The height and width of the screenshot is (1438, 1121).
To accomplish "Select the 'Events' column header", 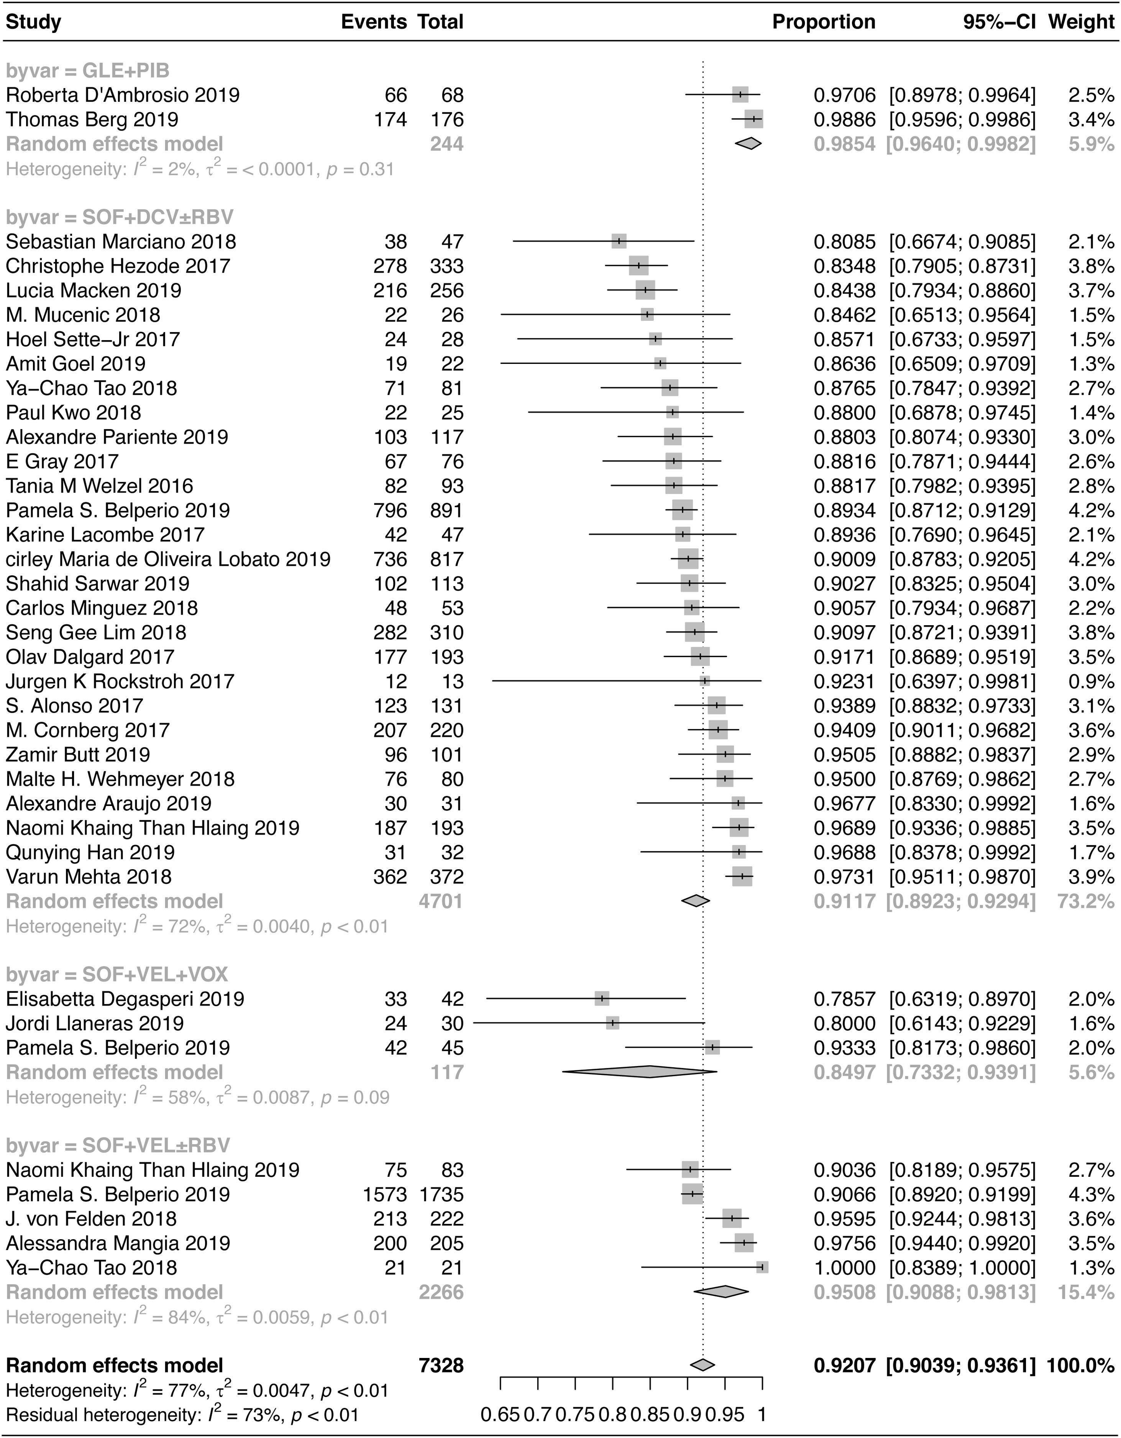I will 373,22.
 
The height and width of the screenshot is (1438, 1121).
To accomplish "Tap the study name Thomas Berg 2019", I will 92,119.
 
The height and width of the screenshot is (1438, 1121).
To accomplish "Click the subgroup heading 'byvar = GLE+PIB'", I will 88,70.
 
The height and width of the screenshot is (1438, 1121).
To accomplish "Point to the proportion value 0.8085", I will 844,242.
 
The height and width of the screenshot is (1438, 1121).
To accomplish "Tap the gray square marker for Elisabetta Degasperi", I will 601,999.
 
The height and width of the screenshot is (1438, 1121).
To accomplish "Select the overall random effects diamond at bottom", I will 702,1365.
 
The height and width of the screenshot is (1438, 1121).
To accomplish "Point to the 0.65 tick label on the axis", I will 501,1413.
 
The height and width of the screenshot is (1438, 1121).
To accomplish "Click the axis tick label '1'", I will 762,1413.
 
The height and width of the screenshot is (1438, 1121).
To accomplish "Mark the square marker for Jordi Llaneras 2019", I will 612,1023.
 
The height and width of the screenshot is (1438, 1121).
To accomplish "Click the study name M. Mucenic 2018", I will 83,315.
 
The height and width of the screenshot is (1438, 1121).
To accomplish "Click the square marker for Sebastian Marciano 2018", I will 619,242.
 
